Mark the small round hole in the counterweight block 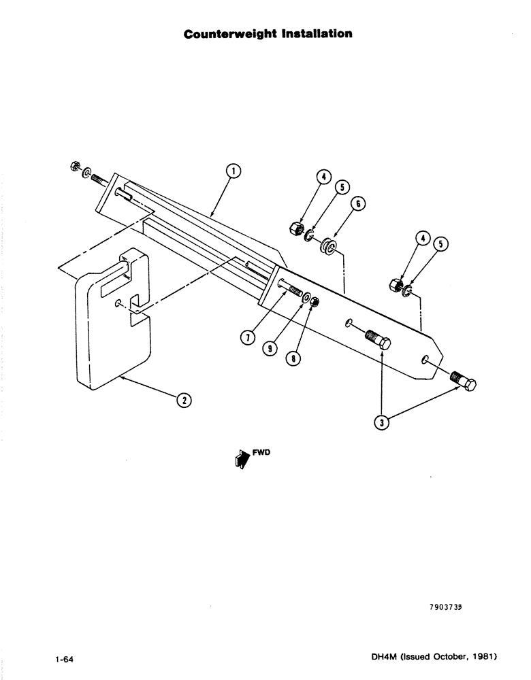click(x=119, y=303)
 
